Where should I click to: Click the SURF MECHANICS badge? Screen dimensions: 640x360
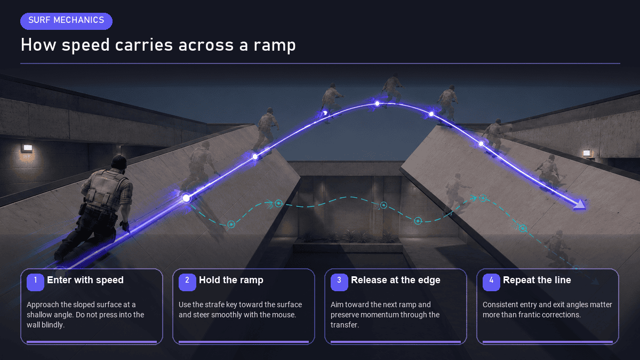click(x=66, y=21)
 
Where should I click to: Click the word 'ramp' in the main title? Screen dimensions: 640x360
click(x=275, y=46)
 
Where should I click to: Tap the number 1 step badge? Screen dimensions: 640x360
click(x=35, y=282)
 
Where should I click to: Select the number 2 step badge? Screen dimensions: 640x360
click(x=187, y=282)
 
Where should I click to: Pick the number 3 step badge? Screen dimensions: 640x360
click(x=339, y=282)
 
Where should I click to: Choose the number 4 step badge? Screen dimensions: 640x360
click(x=491, y=282)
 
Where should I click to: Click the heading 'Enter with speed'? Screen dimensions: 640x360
click(x=85, y=281)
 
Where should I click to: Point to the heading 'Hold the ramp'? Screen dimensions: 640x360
click(x=231, y=281)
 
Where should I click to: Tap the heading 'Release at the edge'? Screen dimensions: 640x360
click(x=396, y=281)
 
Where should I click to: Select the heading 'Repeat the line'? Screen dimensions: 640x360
click(x=537, y=281)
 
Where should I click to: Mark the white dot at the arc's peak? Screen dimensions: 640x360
click(x=377, y=103)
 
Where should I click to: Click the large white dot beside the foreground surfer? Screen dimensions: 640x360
click(x=186, y=198)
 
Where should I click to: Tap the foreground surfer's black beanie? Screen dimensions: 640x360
click(x=119, y=162)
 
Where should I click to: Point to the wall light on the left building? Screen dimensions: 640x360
click(x=27, y=148)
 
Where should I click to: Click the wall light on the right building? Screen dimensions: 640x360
click(x=587, y=153)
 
